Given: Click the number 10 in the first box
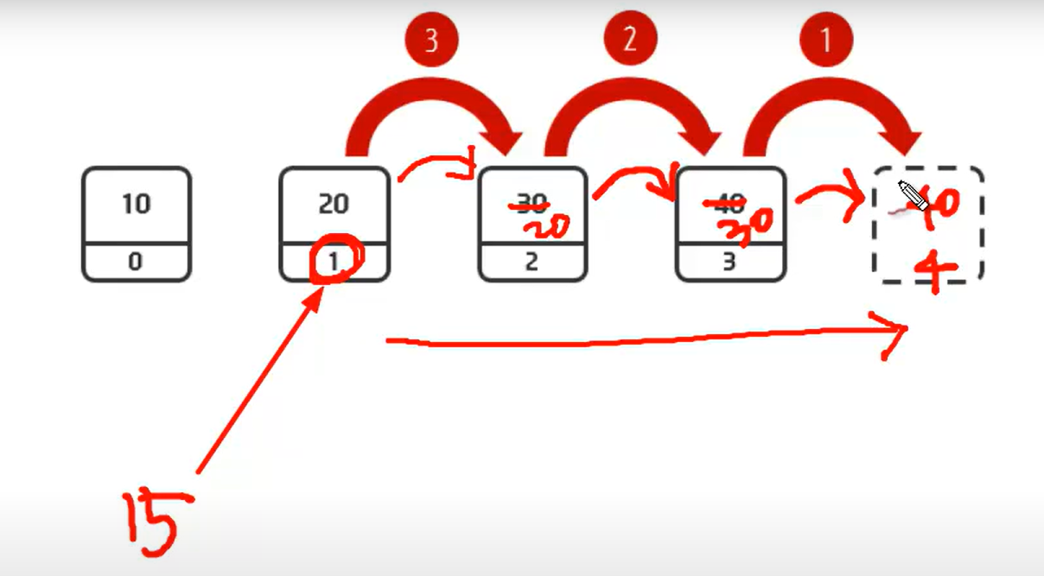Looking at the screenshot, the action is pyautogui.click(x=136, y=205).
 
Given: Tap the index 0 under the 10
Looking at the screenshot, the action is pyautogui.click(x=136, y=262).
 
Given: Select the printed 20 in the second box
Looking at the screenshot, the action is pyautogui.click(x=334, y=205).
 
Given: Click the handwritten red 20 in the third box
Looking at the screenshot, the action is pyautogui.click(x=544, y=227).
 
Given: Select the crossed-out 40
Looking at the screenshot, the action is pyautogui.click(x=729, y=204).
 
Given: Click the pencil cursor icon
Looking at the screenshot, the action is pyautogui.click(x=913, y=196).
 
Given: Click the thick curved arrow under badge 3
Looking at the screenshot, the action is pyautogui.click(x=432, y=108).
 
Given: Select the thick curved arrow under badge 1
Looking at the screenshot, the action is pyautogui.click(x=830, y=108).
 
